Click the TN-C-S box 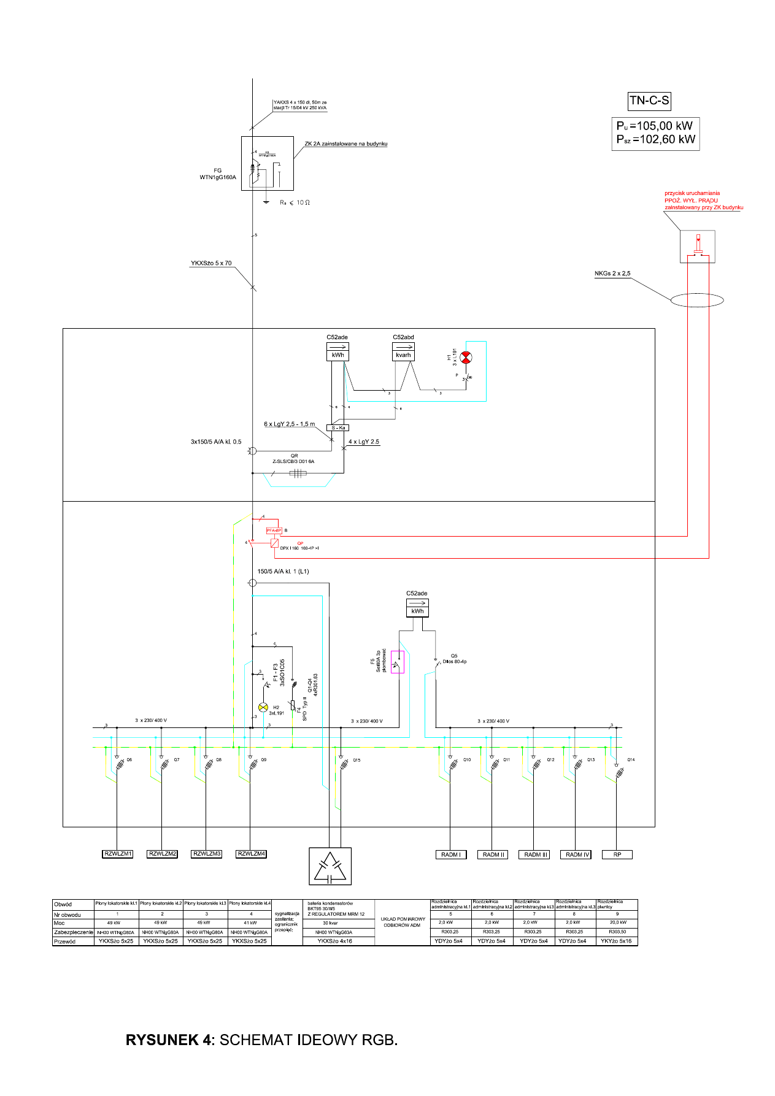click(649, 101)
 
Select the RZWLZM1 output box click(118, 854)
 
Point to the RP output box click(617, 854)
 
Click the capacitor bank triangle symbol click(330, 866)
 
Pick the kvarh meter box click(403, 354)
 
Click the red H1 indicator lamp click(466, 357)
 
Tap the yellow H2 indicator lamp click(263, 707)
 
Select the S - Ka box click(338, 427)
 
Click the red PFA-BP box click(274, 530)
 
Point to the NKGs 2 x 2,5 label click(612, 274)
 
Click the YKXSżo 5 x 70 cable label click(211, 263)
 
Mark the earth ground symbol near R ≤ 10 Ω click(266, 202)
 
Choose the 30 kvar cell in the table click(330, 922)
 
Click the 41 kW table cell click(250, 922)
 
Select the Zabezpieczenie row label click(74, 932)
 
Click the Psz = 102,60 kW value click(656, 140)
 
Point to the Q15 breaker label click(357, 760)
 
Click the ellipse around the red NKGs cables click(697, 301)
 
